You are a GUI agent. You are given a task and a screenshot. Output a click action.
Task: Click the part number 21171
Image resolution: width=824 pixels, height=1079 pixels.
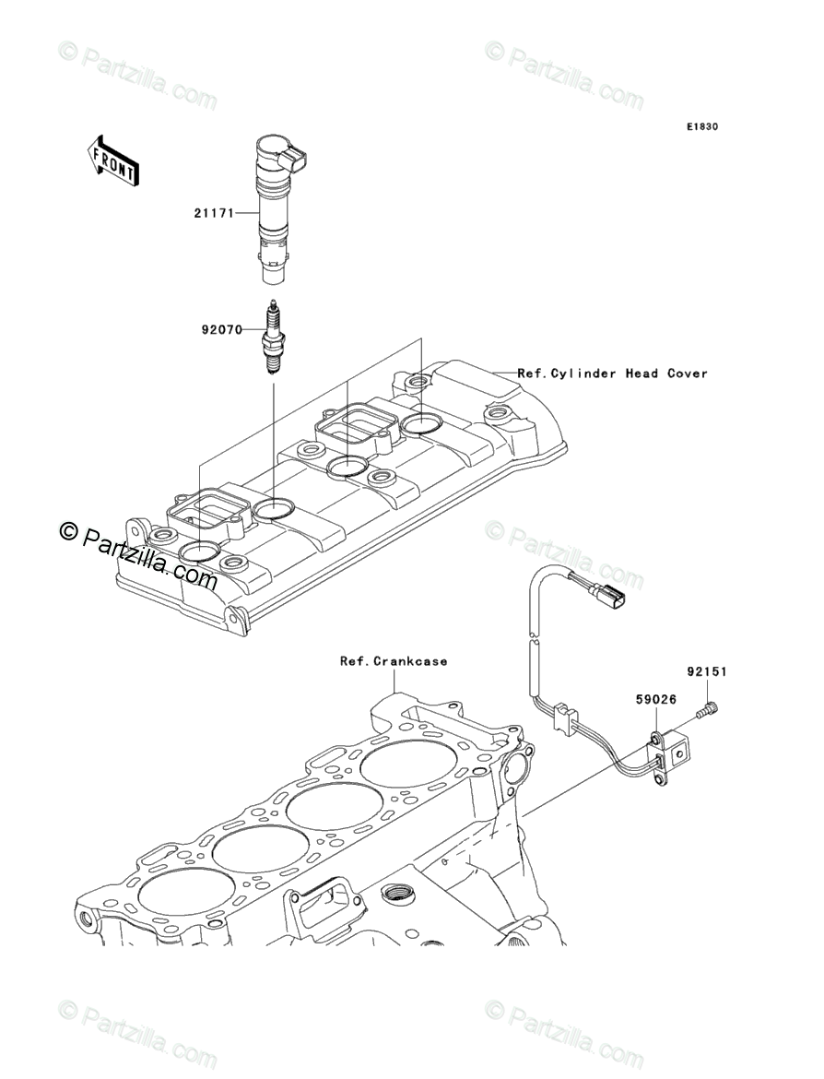(212, 214)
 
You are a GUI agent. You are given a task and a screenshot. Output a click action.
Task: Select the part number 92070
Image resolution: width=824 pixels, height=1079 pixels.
(222, 327)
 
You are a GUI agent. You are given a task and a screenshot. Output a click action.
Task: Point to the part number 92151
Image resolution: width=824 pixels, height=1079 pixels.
(707, 672)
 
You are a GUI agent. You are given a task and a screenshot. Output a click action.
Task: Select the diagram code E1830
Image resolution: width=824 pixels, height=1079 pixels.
(700, 126)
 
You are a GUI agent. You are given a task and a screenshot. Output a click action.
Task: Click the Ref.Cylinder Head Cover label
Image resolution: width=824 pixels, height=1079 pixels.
(612, 373)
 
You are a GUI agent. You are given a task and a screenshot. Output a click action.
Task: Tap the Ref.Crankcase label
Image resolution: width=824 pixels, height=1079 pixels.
(394, 661)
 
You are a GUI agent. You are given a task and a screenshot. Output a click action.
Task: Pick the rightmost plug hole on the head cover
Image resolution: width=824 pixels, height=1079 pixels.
(422, 423)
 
